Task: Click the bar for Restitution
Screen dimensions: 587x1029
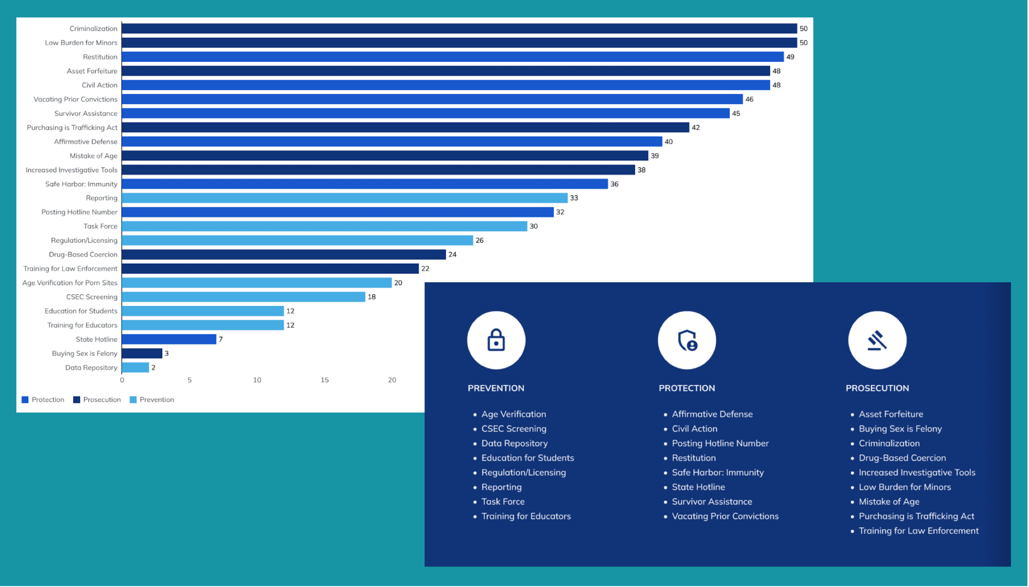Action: pyautogui.click(x=453, y=57)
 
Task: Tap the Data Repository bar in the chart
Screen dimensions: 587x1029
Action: pyautogui.click(x=136, y=367)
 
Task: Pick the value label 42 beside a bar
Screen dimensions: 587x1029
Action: pyautogui.click(x=696, y=127)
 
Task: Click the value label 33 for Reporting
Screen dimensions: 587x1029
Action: pyautogui.click(x=574, y=198)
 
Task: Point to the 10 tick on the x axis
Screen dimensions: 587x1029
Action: pyautogui.click(x=257, y=380)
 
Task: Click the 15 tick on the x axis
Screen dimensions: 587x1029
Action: pyautogui.click(x=324, y=380)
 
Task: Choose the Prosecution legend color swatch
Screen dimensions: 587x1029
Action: pyautogui.click(x=77, y=400)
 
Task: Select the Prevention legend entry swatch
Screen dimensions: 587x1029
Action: pyautogui.click(x=133, y=400)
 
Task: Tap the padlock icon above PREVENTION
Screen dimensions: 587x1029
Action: pyautogui.click(x=496, y=340)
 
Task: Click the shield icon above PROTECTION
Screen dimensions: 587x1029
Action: pyautogui.click(x=686, y=340)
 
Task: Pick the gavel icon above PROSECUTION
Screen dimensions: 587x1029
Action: pyautogui.click(x=877, y=340)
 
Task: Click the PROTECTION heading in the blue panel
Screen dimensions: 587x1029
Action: pyautogui.click(x=686, y=388)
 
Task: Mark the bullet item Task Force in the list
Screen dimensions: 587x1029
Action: pyautogui.click(x=503, y=502)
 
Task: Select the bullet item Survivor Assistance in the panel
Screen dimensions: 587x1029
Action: pyautogui.click(x=712, y=502)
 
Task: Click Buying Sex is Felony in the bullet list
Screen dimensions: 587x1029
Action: pyautogui.click(x=900, y=429)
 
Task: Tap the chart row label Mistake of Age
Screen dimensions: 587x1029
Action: pyautogui.click(x=94, y=156)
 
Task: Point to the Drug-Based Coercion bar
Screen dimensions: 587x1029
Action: pyautogui.click(x=284, y=254)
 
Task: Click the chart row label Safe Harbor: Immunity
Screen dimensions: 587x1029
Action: pyautogui.click(x=81, y=184)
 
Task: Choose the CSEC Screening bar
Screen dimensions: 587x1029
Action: pyautogui.click(x=243, y=297)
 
